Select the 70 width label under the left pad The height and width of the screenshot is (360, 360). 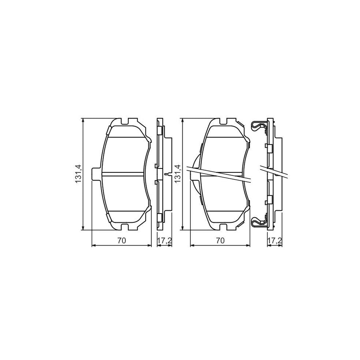pyautogui.click(x=122, y=240)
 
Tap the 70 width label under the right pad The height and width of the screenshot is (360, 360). pyautogui.click(x=220, y=240)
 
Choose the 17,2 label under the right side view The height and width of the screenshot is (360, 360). pyautogui.click(x=274, y=240)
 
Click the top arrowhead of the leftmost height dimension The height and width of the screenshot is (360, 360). pyautogui.click(x=83, y=120)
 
